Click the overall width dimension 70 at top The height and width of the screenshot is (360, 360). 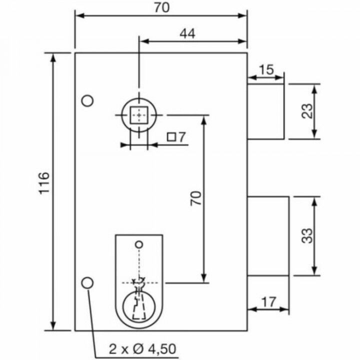click(x=161, y=7)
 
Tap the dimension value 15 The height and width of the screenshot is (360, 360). click(x=266, y=69)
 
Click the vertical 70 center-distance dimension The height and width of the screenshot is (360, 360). click(x=196, y=198)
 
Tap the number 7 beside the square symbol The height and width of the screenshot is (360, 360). click(x=181, y=136)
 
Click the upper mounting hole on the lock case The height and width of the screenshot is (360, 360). click(x=87, y=100)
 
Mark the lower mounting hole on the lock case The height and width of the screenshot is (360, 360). click(x=87, y=282)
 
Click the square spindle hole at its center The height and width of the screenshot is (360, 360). click(x=138, y=115)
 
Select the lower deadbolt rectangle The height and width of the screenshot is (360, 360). click(x=268, y=236)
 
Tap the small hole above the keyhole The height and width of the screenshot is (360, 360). click(x=139, y=244)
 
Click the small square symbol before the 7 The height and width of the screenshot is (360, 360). click(x=170, y=136)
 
